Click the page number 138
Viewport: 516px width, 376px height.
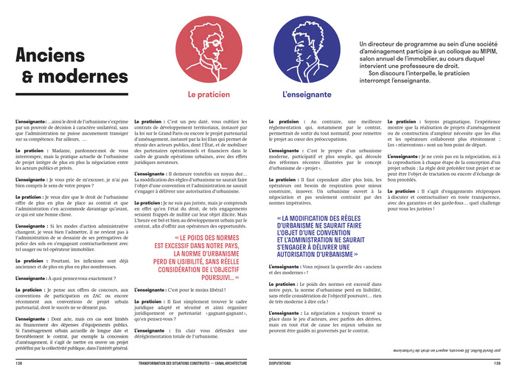pyautogui.click(x=18, y=363)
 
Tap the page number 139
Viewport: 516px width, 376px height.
pyautogui.click(x=497, y=363)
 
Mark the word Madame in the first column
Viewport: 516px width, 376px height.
pyautogui.click(x=63, y=151)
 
